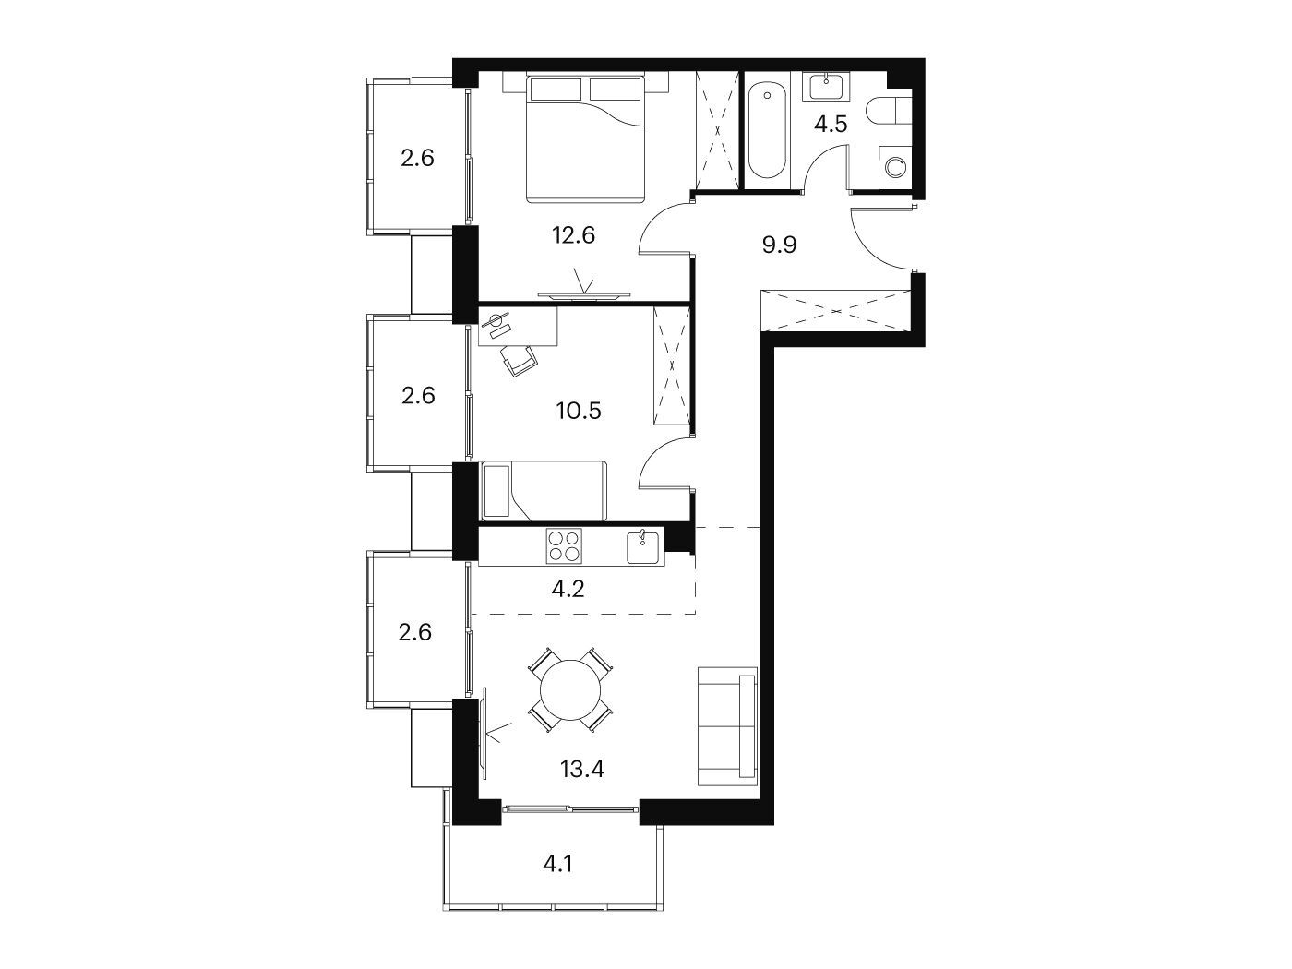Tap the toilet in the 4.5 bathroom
[x=888, y=111]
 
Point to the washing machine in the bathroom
[x=895, y=167]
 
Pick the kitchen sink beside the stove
[x=645, y=546]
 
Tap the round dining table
[x=570, y=689]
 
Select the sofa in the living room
[x=727, y=726]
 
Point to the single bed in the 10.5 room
[x=544, y=491]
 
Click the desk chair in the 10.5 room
[x=519, y=360]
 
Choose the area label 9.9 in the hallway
[x=779, y=245]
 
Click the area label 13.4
[x=582, y=769]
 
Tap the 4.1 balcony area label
[x=558, y=864]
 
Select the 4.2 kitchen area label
[x=568, y=589]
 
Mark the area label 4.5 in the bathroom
[x=831, y=125]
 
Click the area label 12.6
[x=573, y=234]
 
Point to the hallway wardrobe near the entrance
[x=836, y=310]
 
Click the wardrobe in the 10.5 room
[x=671, y=365]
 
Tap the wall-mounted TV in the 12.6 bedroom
[x=584, y=295]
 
